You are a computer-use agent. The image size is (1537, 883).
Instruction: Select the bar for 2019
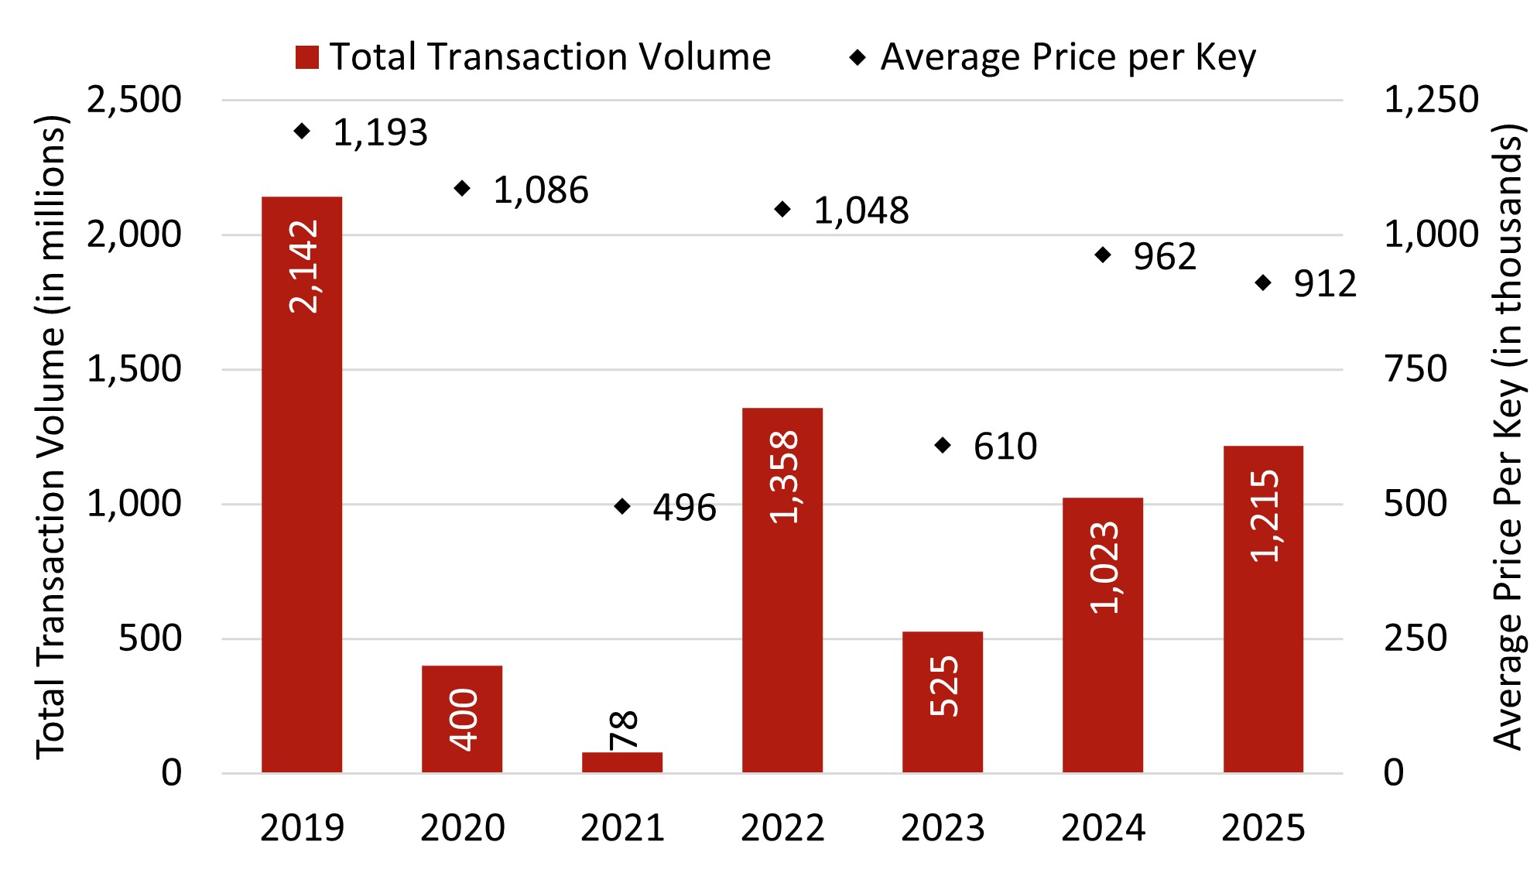pyautogui.click(x=302, y=484)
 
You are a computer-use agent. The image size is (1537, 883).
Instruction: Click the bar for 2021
pyautogui.click(x=622, y=762)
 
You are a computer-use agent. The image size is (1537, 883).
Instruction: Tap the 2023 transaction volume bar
pyautogui.click(x=942, y=702)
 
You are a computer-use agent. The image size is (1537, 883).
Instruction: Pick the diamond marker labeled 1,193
pyautogui.click(x=303, y=132)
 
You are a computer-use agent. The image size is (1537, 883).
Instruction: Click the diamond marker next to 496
pyautogui.click(x=622, y=506)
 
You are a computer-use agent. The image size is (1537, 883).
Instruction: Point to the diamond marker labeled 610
pyautogui.click(x=943, y=445)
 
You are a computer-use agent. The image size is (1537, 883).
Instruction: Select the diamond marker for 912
pyautogui.click(x=1263, y=283)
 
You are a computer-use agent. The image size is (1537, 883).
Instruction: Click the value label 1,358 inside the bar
pyautogui.click(x=784, y=477)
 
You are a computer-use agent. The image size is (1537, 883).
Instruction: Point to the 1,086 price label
pyautogui.click(x=540, y=190)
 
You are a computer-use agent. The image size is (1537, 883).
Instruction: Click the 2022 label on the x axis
pyautogui.click(x=782, y=828)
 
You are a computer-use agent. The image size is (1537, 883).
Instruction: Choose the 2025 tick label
pyautogui.click(x=1263, y=828)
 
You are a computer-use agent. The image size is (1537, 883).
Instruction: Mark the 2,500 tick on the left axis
pyautogui.click(x=134, y=100)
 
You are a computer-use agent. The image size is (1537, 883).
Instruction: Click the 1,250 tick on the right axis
pyautogui.click(x=1430, y=100)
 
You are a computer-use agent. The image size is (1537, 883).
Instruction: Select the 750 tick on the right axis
pyautogui.click(x=1415, y=369)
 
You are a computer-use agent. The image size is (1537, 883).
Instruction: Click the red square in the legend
pyautogui.click(x=307, y=57)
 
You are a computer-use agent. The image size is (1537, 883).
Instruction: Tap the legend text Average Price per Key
pyautogui.click(x=1068, y=57)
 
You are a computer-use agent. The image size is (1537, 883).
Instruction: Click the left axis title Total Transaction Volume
pyautogui.click(x=51, y=437)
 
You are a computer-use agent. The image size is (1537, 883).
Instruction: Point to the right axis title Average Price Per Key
pyautogui.click(x=1508, y=437)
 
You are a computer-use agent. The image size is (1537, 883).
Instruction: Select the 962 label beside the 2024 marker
pyautogui.click(x=1164, y=257)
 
